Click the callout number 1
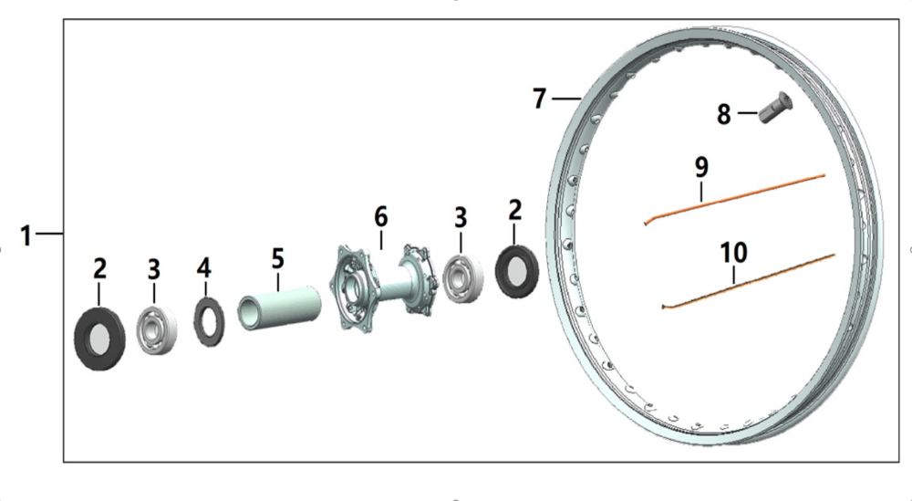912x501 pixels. pos(26,235)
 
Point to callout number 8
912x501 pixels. pos(723,115)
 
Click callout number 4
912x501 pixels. pos(204,267)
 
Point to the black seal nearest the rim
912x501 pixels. pos(516,270)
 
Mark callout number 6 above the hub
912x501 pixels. pos(380,217)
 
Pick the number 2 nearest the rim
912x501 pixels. pos(514,211)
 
